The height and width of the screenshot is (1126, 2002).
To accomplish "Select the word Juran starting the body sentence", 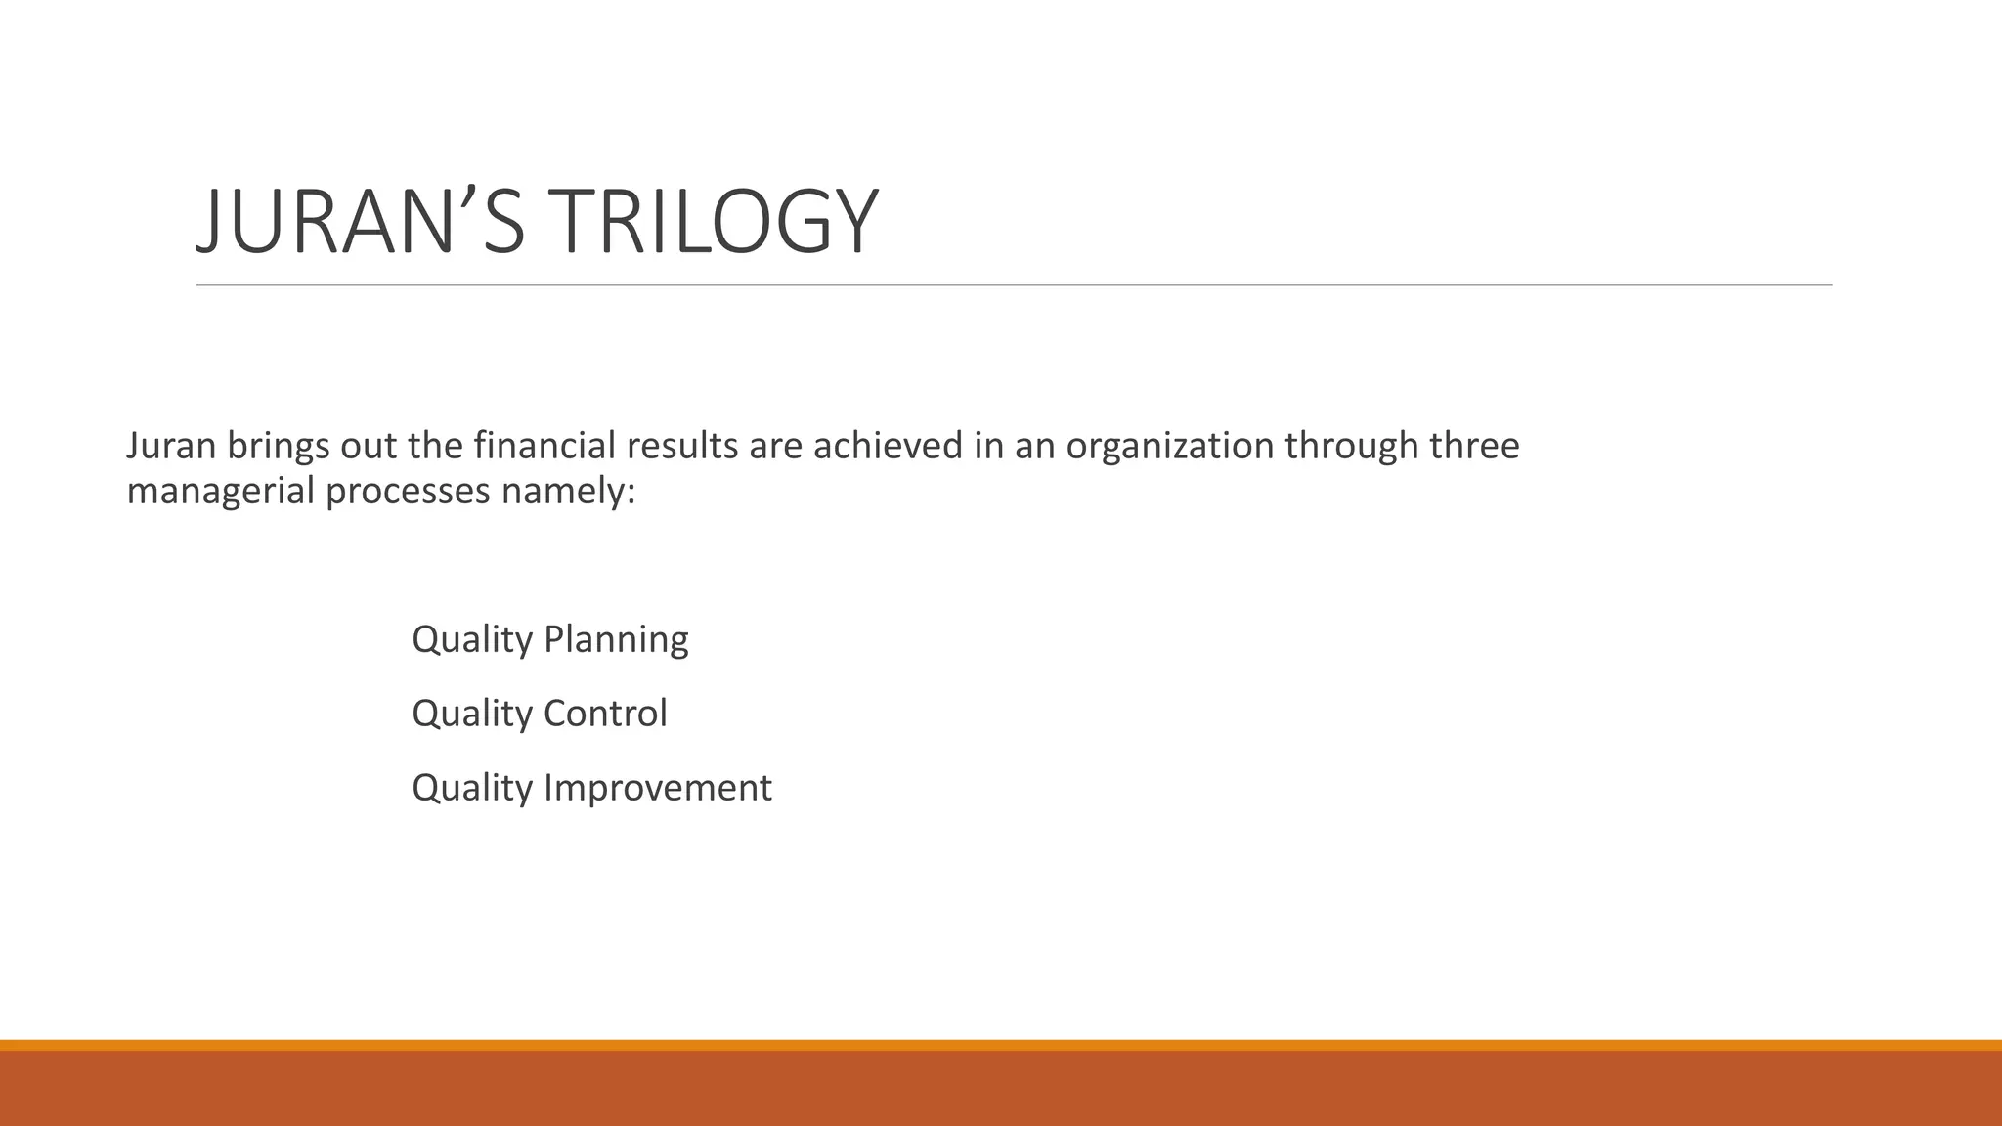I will pyautogui.click(x=171, y=446).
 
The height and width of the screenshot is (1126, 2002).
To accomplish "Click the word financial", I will pyautogui.click(x=544, y=446).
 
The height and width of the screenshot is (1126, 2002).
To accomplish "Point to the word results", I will pyautogui.click(x=682, y=446).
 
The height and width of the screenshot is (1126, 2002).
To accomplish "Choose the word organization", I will pyautogui.click(x=1169, y=446).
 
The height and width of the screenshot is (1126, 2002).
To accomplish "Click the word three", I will pyautogui.click(x=1475, y=446).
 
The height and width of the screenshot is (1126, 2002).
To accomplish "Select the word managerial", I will pyautogui.click(x=221, y=491).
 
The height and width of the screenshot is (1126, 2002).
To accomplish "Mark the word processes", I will pyautogui.click(x=408, y=491).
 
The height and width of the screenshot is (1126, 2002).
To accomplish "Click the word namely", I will pyautogui.click(x=568, y=491).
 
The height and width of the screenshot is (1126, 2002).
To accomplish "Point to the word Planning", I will pyautogui.click(x=616, y=640).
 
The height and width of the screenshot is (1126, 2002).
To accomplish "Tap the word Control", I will pyautogui.click(x=605, y=714).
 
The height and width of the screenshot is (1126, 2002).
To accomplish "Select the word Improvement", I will pyautogui.click(x=658, y=788).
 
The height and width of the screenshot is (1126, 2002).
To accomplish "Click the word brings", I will pyautogui.click(x=279, y=446).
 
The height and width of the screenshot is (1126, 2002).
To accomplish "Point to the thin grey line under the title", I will pyautogui.click(x=1014, y=285).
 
